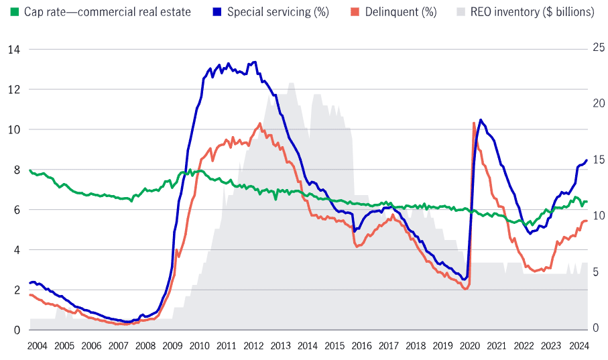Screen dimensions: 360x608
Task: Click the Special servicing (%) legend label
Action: click(278, 12)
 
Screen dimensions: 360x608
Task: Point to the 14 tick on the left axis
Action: click(13, 50)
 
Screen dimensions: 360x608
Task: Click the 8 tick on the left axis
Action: click(17, 170)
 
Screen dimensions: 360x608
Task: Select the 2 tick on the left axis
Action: click(17, 290)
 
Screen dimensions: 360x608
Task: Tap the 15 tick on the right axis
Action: click(597, 160)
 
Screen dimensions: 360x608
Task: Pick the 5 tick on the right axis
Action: click(594, 272)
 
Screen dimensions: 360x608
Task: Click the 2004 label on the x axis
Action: click(37, 346)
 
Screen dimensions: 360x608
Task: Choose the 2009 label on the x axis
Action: click(172, 346)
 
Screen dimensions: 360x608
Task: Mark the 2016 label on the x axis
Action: click(361, 346)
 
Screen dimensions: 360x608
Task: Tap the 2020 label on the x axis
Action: click(469, 346)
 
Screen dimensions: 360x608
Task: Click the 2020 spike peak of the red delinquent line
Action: click(474, 123)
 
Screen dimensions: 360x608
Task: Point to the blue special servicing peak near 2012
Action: click(254, 62)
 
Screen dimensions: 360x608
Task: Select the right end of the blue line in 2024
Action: click(587, 160)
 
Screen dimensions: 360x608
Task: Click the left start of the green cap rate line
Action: click(30, 170)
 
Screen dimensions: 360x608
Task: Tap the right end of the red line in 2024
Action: click(587, 221)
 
